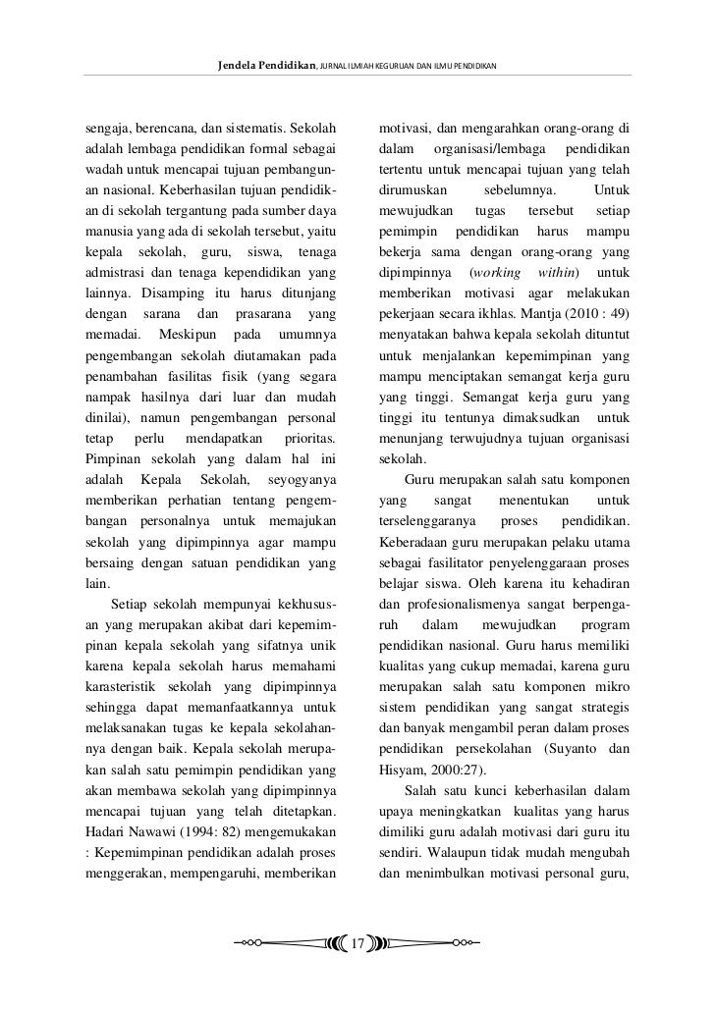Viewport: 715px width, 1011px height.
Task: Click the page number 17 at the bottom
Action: pos(357,944)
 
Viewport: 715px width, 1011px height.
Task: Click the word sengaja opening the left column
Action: pos(107,128)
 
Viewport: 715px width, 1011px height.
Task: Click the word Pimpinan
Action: pos(113,457)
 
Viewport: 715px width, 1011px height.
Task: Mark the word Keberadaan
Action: pos(419,541)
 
